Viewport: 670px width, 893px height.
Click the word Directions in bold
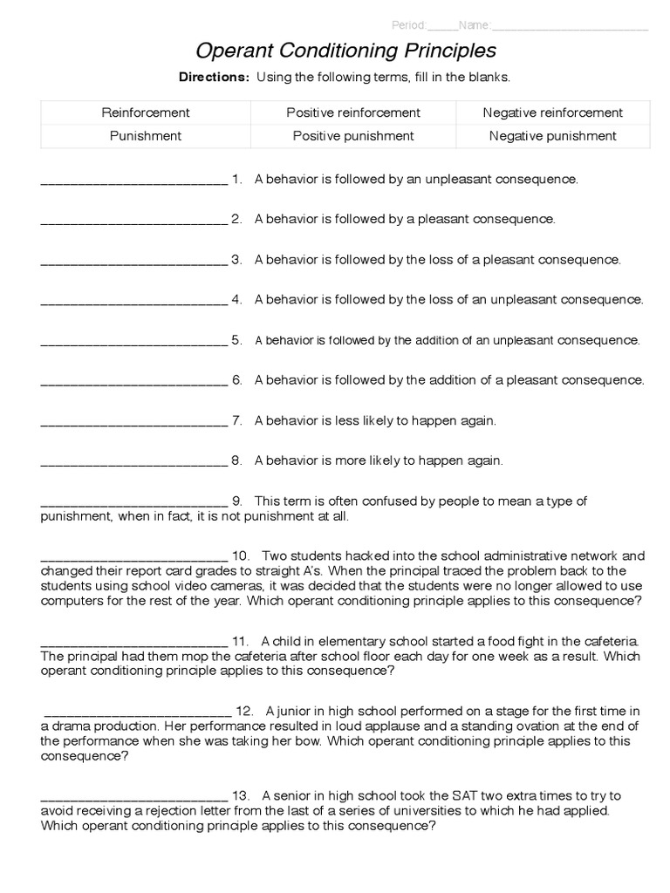click(x=214, y=77)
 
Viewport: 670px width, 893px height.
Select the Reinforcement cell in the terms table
click(x=146, y=112)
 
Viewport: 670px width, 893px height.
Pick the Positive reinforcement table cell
click(x=353, y=112)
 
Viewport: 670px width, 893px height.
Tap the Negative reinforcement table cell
click(x=553, y=112)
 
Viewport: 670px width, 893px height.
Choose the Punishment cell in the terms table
click(x=146, y=136)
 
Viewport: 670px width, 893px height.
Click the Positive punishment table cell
click(x=353, y=136)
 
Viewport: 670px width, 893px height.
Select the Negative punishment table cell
click(x=553, y=136)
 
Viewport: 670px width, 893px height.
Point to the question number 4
click(x=236, y=299)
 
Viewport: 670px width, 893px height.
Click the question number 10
click(x=242, y=555)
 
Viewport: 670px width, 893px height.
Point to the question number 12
click(x=244, y=711)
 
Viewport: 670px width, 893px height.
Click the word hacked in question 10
click(x=372, y=555)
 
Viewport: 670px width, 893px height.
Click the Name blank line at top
click(x=571, y=25)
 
